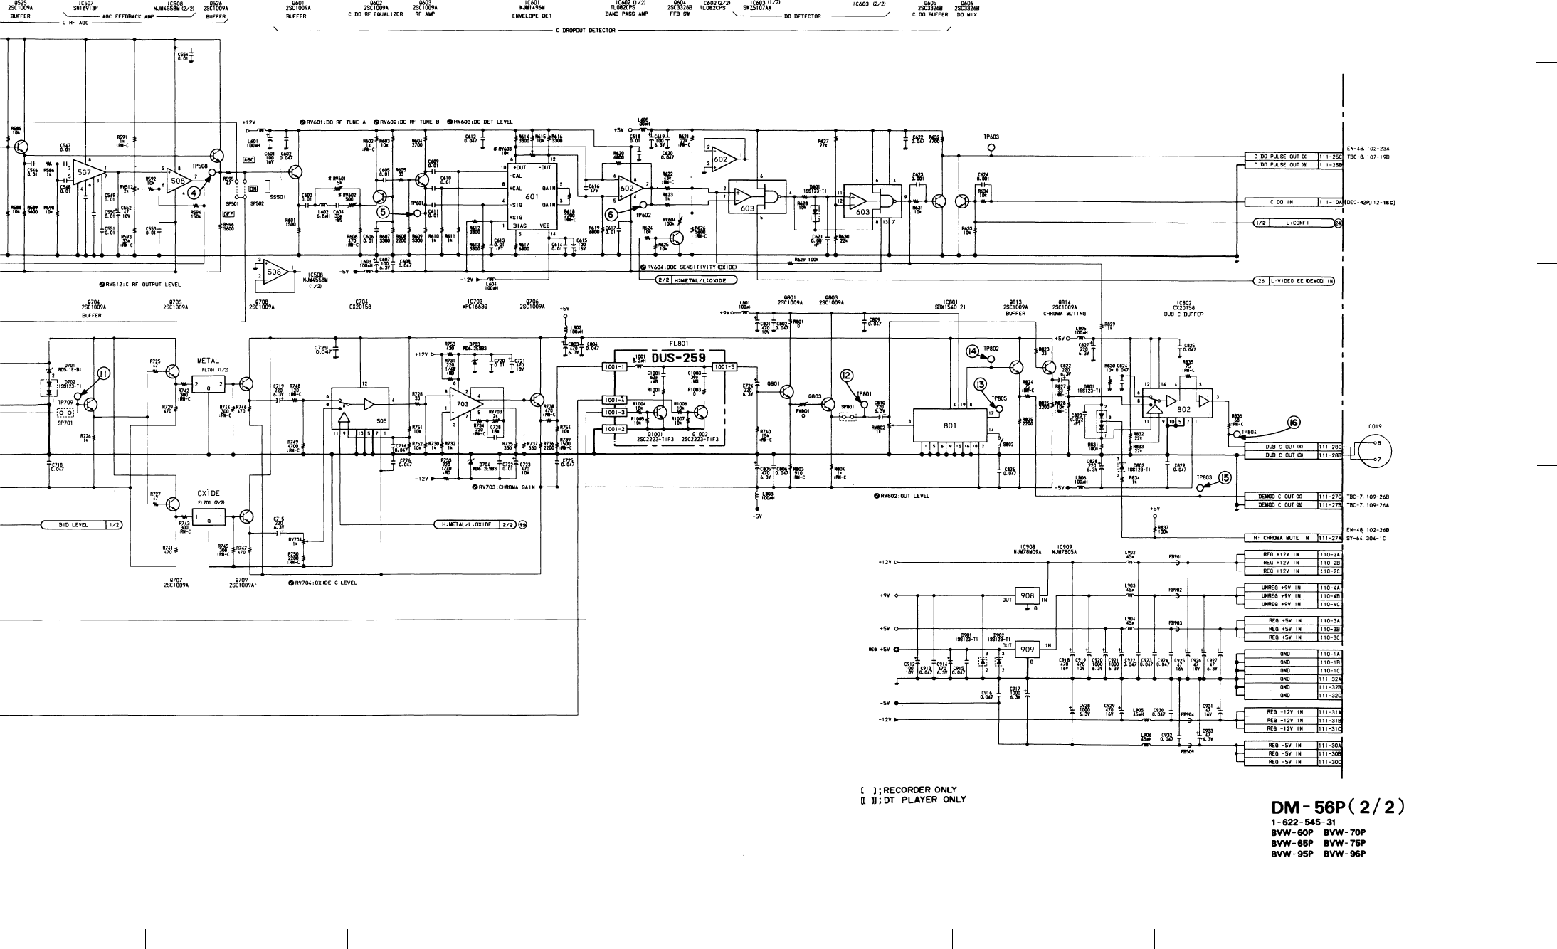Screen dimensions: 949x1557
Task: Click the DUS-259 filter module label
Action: click(678, 357)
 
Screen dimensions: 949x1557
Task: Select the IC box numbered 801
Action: click(950, 425)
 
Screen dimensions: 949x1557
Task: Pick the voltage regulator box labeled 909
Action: click(1028, 650)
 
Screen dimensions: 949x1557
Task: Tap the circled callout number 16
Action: click(1293, 423)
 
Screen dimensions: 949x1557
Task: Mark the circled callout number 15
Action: click(1225, 478)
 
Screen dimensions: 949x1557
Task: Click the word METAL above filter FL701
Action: click(208, 361)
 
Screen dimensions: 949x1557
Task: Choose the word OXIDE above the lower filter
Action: click(208, 493)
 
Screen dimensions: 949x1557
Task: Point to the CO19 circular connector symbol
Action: click(1373, 451)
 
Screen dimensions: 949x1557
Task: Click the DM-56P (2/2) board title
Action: click(1338, 808)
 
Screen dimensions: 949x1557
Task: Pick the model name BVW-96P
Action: click(1345, 854)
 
